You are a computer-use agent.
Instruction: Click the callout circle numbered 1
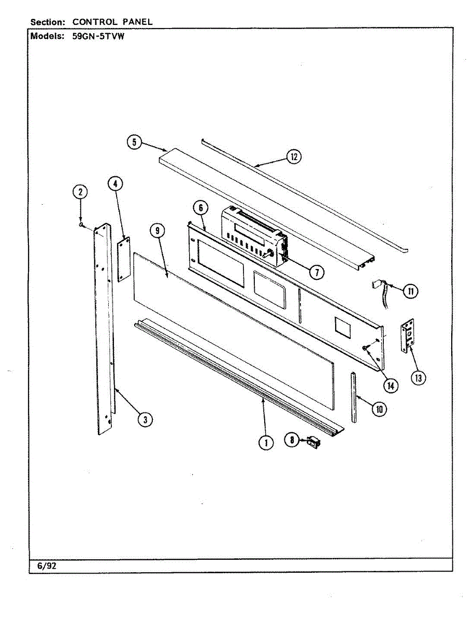(266, 442)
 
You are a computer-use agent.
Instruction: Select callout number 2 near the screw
(80, 192)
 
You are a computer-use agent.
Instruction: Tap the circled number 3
(147, 419)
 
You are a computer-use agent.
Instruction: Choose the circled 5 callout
(135, 142)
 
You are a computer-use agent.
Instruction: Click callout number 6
(200, 208)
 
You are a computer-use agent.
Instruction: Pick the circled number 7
(315, 271)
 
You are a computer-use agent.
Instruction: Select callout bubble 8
(292, 440)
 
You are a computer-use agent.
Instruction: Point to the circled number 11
(410, 291)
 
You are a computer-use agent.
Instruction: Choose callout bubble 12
(294, 157)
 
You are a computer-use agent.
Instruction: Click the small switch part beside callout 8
(313, 442)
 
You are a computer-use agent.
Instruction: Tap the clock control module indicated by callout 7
(254, 236)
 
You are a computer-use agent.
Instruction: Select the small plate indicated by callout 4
(123, 260)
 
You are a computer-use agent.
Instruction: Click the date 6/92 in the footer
(47, 566)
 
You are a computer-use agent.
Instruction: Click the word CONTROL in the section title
(92, 22)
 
